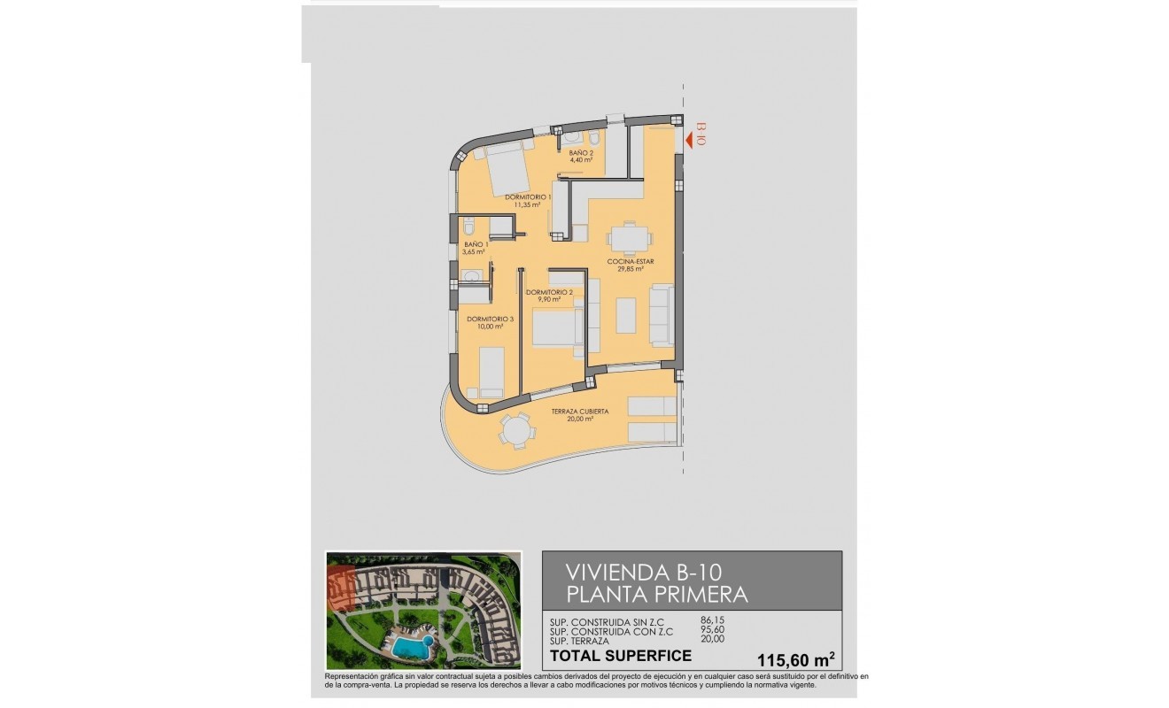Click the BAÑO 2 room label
click(581, 157)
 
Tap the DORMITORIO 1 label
click(528, 201)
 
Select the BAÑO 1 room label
click(475, 248)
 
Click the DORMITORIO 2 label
click(549, 296)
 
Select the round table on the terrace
click(515, 432)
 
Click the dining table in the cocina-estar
click(628, 238)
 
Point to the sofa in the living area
click(661, 314)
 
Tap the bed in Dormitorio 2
click(558, 332)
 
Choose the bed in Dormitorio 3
click(491, 370)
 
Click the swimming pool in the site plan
click(409, 647)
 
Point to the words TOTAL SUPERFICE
click(620, 656)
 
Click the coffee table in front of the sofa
click(626, 315)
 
